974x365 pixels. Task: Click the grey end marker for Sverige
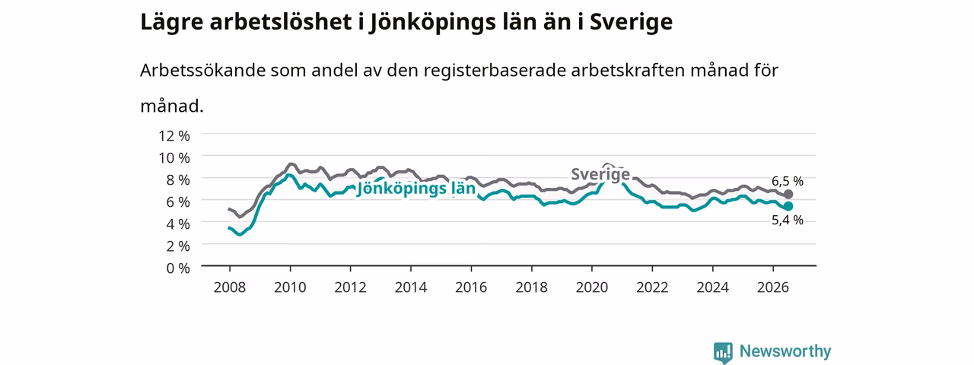(x=788, y=194)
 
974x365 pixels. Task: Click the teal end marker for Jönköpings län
(x=788, y=206)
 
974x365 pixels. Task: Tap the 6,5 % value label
(x=788, y=181)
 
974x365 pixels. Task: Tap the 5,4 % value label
(x=788, y=221)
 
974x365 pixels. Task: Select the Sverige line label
(x=600, y=174)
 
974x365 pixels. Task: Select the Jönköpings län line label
(x=415, y=189)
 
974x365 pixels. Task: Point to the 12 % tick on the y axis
(x=174, y=136)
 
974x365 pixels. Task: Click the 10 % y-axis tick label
(x=174, y=157)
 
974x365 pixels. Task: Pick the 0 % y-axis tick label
(x=178, y=268)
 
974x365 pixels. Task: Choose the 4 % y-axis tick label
(x=178, y=224)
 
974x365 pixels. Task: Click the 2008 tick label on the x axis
(x=230, y=287)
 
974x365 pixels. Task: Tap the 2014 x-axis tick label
(x=411, y=287)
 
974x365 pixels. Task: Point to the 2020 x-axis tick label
(x=592, y=287)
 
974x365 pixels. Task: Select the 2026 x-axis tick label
(x=773, y=287)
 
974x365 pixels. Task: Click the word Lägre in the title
(x=172, y=23)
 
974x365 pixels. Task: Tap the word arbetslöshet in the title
(x=281, y=22)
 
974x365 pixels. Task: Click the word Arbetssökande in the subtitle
(x=202, y=71)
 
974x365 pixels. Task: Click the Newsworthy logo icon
(x=723, y=352)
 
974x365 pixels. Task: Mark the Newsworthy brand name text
(x=785, y=351)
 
